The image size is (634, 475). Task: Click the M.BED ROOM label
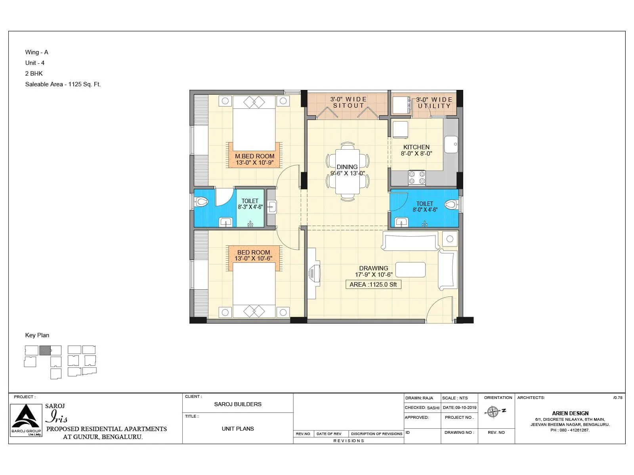tap(254, 159)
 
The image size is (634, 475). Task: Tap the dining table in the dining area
tap(348, 172)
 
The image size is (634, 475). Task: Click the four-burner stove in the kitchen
tap(417, 178)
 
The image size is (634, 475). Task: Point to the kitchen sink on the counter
tap(451, 144)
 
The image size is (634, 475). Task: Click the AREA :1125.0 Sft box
tap(373, 285)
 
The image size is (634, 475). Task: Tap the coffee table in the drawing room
tap(411, 270)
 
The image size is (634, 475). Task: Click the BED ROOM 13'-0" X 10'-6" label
tap(254, 255)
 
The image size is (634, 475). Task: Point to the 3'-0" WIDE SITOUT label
tap(348, 102)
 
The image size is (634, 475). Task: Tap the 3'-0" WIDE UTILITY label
tap(434, 103)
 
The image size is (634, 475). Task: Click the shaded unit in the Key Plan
tap(45, 350)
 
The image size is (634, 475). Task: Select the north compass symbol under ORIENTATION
tap(493, 412)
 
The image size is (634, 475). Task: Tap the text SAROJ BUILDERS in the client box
tap(238, 404)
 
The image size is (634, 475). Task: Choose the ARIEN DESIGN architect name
tap(570, 413)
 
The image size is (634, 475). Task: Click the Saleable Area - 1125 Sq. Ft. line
tap(63, 84)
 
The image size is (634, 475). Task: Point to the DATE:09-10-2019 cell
tap(459, 407)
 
